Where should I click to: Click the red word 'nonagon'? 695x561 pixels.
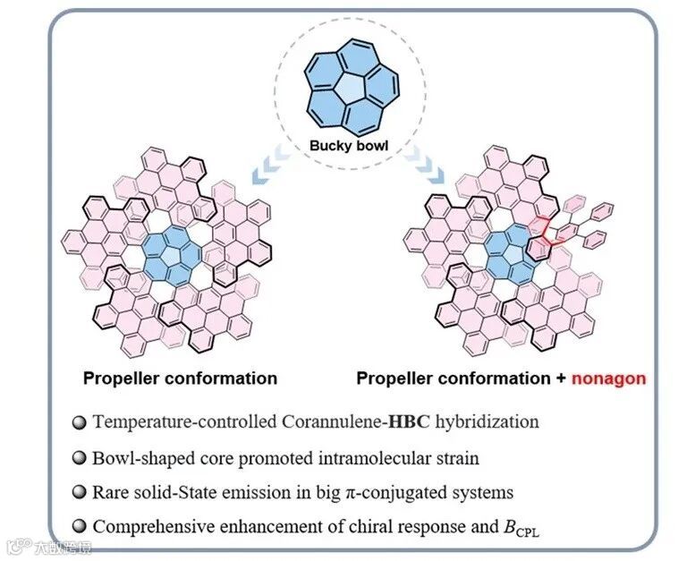611,378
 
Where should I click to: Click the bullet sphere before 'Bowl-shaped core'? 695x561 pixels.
80,458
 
